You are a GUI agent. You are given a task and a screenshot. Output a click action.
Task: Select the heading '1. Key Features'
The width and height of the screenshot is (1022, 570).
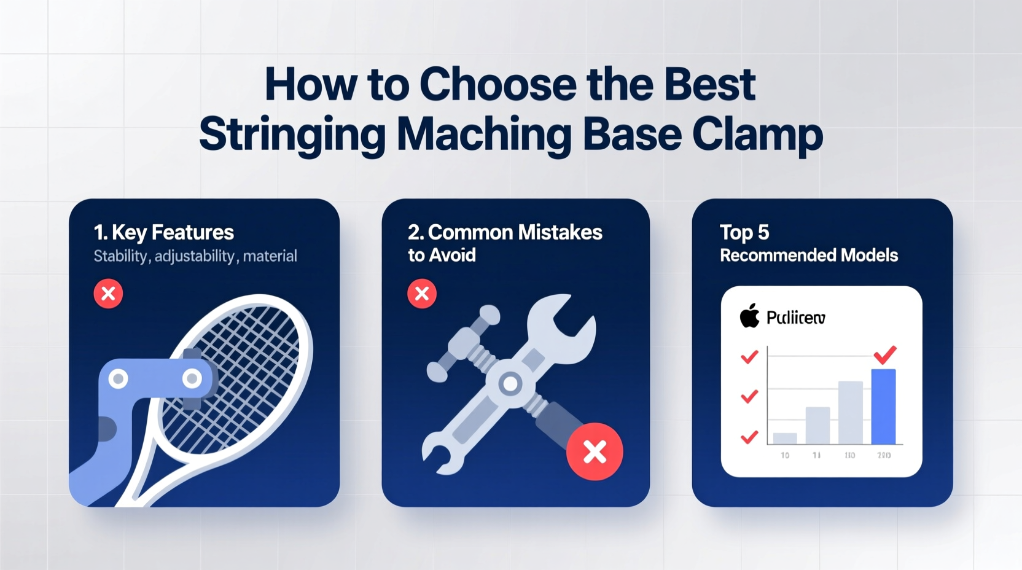[x=163, y=232]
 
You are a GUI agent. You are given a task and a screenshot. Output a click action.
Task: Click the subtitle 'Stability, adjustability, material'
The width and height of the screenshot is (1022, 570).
[x=195, y=256]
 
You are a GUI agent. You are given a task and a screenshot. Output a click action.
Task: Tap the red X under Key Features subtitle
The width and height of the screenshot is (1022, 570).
[x=108, y=294]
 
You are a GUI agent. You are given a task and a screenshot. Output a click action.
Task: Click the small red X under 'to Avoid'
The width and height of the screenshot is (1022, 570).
[x=422, y=294]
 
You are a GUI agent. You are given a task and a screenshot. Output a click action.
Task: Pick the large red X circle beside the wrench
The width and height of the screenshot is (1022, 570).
[x=595, y=451]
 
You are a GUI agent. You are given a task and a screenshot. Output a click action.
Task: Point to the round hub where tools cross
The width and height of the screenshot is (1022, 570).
[x=510, y=385]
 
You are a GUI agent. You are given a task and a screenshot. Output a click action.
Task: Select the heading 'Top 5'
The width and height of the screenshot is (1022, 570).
[x=744, y=232]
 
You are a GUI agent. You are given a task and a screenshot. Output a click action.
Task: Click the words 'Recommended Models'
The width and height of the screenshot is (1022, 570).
[x=809, y=255]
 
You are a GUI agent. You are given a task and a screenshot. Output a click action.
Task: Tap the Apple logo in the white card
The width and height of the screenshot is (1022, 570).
[x=749, y=316]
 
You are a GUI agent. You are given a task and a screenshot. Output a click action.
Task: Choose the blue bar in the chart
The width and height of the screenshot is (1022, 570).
[x=883, y=406]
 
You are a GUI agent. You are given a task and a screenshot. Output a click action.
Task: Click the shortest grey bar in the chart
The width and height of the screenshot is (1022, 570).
[x=785, y=438]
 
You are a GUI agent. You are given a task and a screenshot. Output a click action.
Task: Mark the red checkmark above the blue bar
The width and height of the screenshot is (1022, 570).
[x=885, y=354]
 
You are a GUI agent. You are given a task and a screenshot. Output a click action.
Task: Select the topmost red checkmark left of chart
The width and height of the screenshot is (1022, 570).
[x=749, y=357]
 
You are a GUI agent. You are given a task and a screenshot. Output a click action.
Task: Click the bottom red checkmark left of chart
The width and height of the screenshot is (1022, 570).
[x=749, y=437]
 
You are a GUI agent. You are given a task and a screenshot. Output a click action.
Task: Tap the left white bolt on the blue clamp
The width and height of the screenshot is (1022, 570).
[x=119, y=379]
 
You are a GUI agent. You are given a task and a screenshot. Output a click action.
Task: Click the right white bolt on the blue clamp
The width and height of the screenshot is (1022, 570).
[x=192, y=378]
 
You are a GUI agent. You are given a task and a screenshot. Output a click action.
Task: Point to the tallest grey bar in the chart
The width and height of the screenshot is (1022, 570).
[x=851, y=412]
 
